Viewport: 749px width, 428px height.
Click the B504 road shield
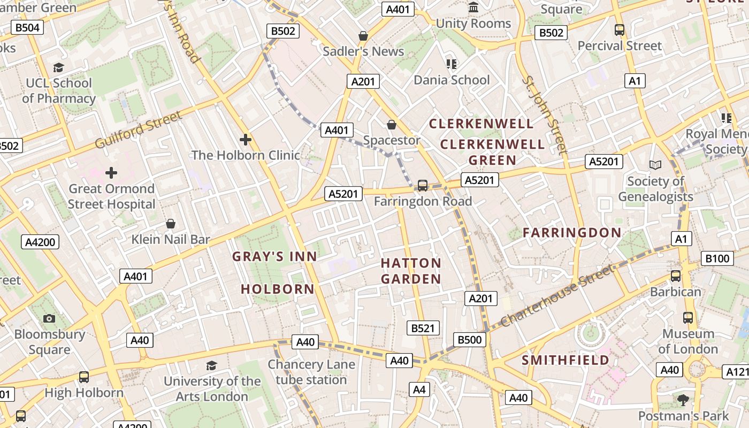tap(27, 28)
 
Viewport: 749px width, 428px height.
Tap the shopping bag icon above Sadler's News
tap(363, 36)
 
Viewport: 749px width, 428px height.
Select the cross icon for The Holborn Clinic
tap(246, 140)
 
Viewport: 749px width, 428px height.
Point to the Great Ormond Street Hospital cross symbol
tap(111, 173)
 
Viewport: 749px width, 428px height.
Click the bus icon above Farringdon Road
tap(423, 186)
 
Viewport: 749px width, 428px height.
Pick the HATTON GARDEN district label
tap(411, 271)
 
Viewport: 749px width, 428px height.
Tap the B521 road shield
tap(423, 328)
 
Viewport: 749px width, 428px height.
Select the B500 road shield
tap(470, 339)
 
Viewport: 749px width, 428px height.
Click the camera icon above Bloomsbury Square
tap(49, 319)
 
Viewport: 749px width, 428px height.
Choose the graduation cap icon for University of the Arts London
tap(212, 365)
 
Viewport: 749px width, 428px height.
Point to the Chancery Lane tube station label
tap(311, 372)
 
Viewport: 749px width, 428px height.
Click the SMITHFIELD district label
tap(565, 360)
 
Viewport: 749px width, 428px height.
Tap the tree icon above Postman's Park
tap(683, 400)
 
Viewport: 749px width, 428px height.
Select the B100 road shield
tap(717, 259)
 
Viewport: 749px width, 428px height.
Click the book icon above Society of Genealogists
tap(655, 165)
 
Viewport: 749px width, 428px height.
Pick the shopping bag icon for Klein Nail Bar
tap(171, 223)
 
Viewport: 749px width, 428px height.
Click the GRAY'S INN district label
tap(274, 257)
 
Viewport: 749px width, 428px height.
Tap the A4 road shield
tap(419, 389)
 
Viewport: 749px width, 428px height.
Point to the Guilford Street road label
tap(138, 129)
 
